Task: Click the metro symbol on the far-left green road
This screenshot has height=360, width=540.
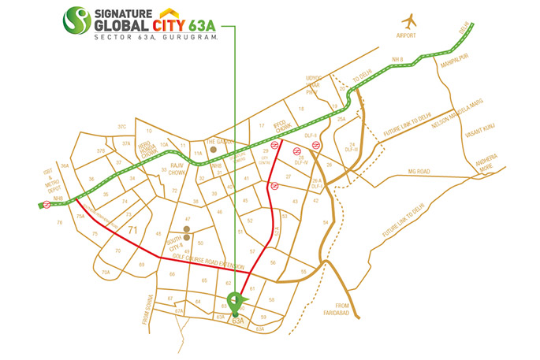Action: pyautogui.click(x=47, y=205)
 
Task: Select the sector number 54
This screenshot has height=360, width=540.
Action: pyautogui.click(x=325, y=224)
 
